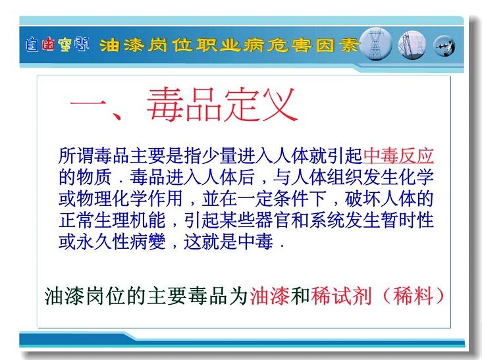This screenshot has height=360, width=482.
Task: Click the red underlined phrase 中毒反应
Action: pos(398,156)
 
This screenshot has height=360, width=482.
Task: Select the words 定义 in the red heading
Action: pos(259,105)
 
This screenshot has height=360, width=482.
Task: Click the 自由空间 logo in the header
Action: pos(57,45)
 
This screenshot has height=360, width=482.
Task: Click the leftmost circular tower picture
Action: pos(375,44)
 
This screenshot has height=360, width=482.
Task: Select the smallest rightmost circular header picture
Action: pos(444,46)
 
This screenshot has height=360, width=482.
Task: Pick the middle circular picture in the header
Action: pos(412,45)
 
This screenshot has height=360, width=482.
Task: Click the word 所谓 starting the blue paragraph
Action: pos(76,156)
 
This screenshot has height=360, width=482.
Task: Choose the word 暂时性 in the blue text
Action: pos(408,220)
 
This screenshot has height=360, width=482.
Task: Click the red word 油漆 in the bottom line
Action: pos(269,296)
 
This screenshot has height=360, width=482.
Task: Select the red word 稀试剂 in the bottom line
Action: pos(341,296)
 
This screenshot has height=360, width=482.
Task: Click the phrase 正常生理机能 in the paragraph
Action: pos(112,220)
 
